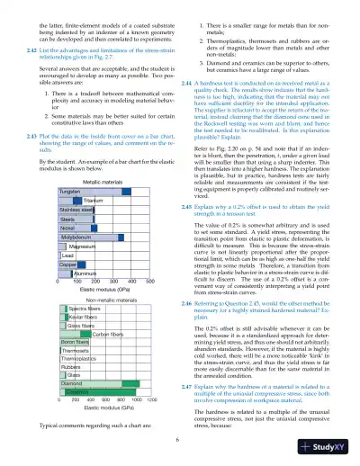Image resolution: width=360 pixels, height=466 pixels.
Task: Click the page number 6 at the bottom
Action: (x=178, y=439)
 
